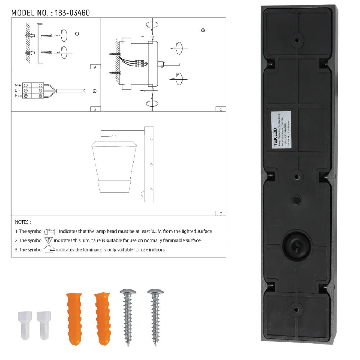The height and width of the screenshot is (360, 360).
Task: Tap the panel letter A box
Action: coord(95,67)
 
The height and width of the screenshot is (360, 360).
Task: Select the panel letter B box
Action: coord(95,109)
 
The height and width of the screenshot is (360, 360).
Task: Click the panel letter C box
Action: coord(220,109)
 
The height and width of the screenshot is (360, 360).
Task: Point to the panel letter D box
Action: coord(220,213)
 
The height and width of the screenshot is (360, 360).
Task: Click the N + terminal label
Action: coord(17,85)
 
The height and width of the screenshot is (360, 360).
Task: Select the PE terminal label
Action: coord(17,96)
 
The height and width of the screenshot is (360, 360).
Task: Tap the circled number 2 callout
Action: coord(94,91)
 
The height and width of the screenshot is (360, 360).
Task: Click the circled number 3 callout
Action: coord(203,31)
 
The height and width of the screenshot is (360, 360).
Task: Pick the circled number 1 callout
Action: coord(77,33)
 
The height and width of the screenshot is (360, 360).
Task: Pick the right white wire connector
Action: coord(43,325)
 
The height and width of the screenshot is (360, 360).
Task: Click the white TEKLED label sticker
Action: coord(281,131)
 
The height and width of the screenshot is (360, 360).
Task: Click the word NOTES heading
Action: coord(23,222)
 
